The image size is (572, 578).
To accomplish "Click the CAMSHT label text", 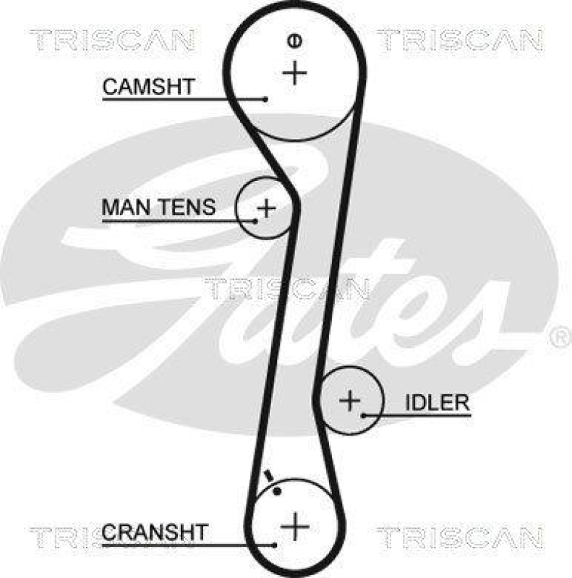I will (148, 87).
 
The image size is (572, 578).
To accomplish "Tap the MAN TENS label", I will (158, 208).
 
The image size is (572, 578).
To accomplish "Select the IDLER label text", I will (437, 403).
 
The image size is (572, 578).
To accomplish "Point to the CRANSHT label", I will (154, 532).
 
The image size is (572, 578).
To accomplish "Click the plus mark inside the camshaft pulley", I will (294, 72).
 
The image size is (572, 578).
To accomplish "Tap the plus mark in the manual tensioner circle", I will (267, 208).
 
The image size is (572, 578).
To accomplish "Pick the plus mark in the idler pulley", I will (350, 400).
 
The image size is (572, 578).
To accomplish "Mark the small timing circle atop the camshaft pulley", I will (294, 41).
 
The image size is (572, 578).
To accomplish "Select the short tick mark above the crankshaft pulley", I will (269, 475).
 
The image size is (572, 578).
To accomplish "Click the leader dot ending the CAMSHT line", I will (266, 99).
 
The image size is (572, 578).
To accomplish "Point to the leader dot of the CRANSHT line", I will (275, 545).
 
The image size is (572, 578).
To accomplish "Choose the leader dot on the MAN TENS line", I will (256, 220).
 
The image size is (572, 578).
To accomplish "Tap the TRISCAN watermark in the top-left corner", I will (112, 41).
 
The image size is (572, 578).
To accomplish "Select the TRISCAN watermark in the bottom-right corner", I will (459, 537).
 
